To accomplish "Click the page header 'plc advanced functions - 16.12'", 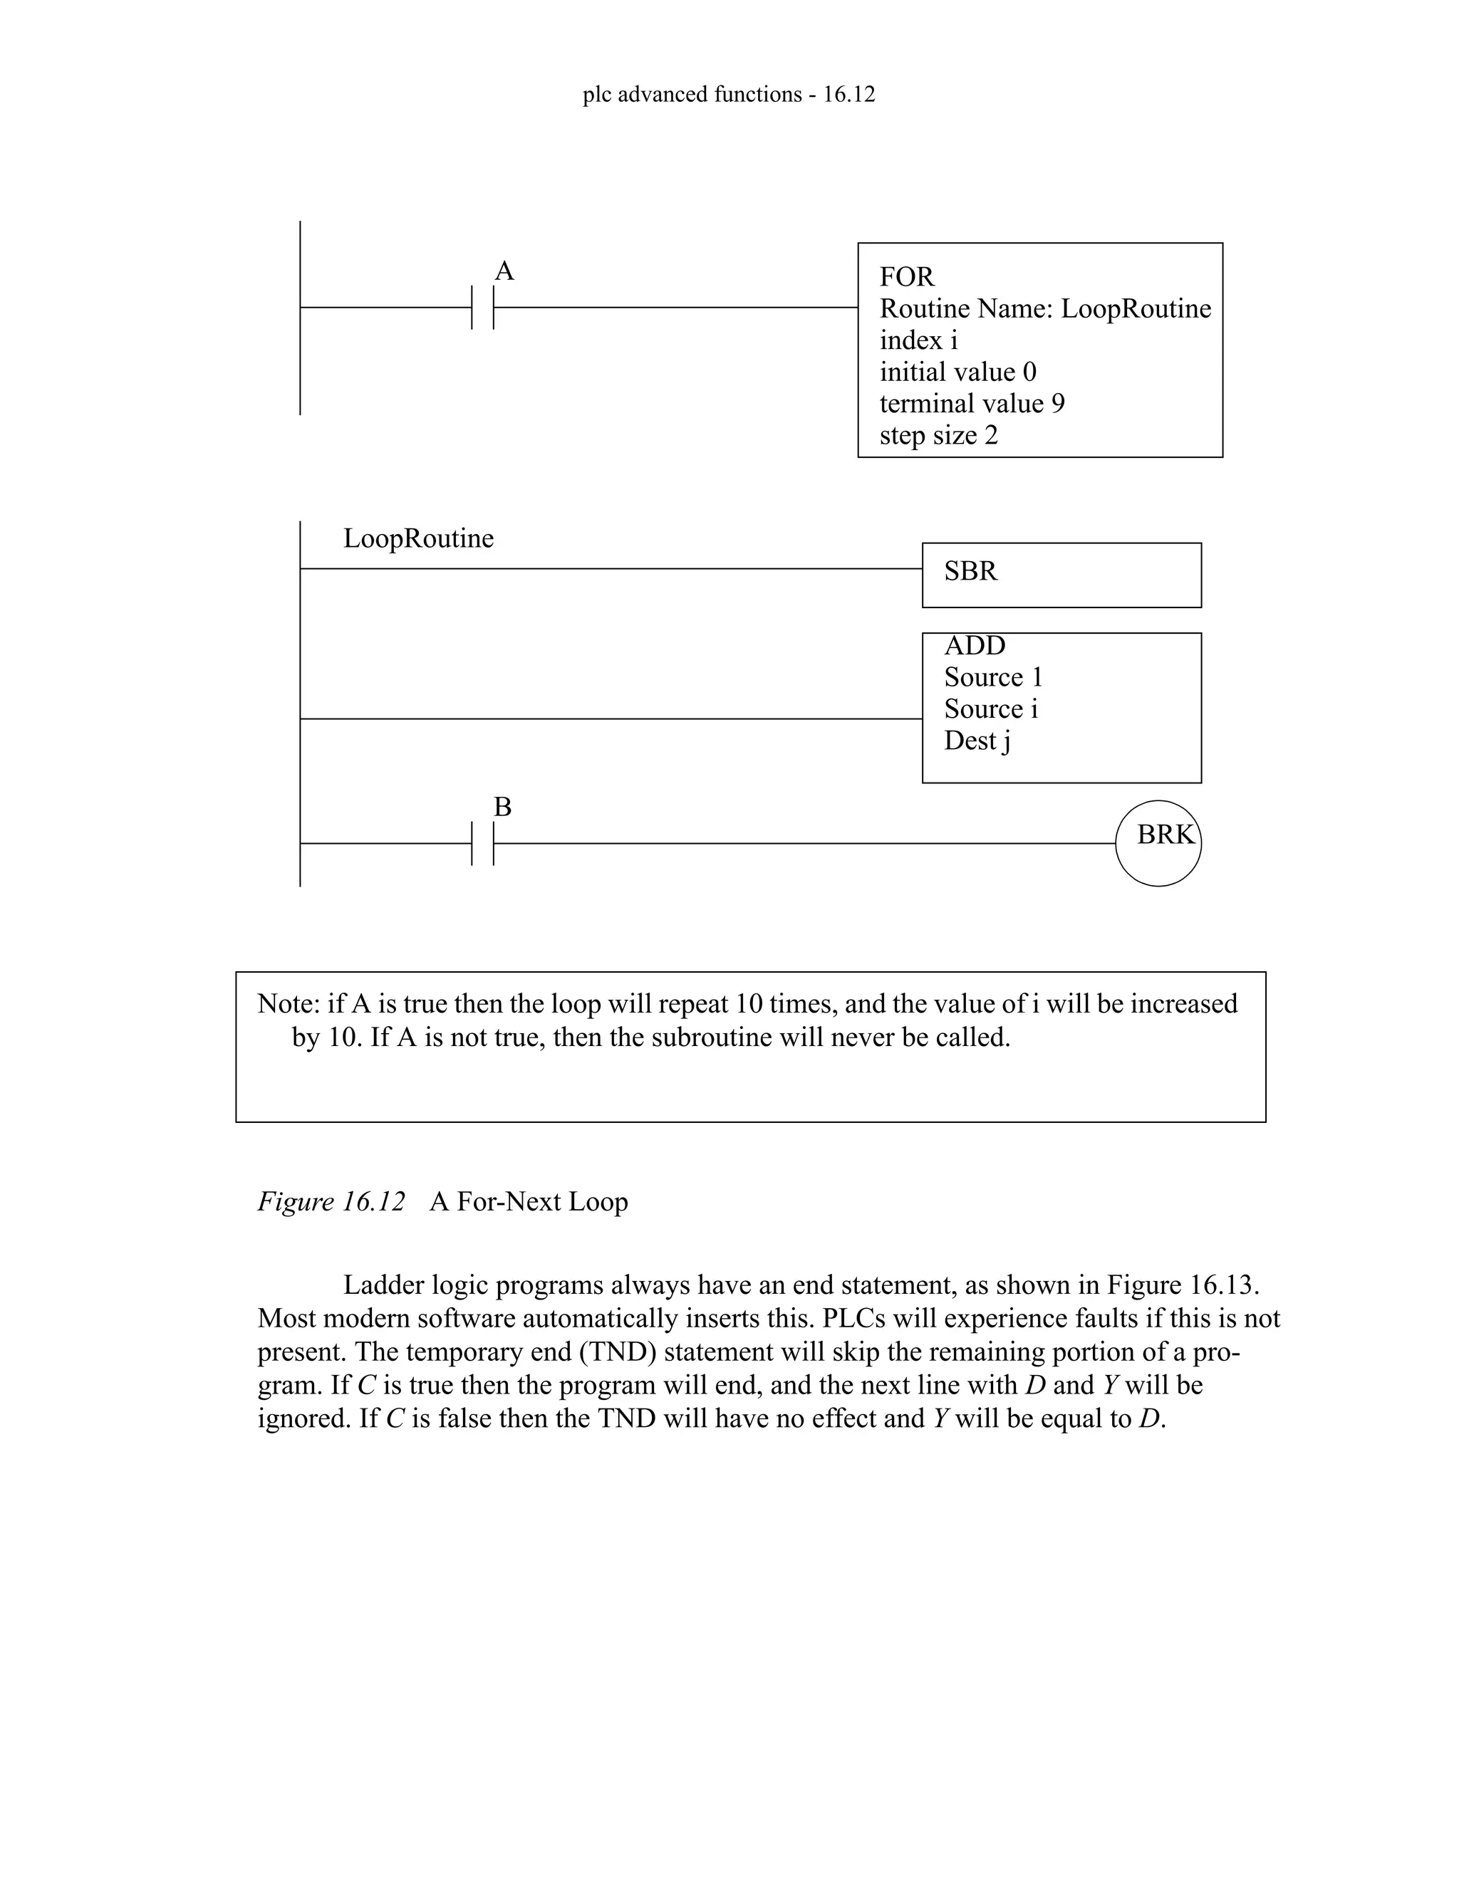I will (729, 94).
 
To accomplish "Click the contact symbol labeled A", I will (483, 307).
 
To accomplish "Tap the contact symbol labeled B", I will (483, 843).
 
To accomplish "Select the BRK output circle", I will (1158, 842).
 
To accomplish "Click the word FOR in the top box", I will (907, 276).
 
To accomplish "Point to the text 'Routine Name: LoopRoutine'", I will (1045, 308).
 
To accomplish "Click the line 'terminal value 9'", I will (972, 404).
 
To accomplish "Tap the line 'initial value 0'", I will (957, 372).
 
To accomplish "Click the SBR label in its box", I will (971, 571).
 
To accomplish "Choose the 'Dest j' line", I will (977, 741).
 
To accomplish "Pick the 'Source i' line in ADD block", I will (990, 709).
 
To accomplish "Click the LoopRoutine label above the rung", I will (418, 538).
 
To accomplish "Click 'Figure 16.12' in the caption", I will (331, 1201).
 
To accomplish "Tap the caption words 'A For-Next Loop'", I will (528, 1201).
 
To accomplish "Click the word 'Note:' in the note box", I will (289, 1003).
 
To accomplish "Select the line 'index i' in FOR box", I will (918, 340).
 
